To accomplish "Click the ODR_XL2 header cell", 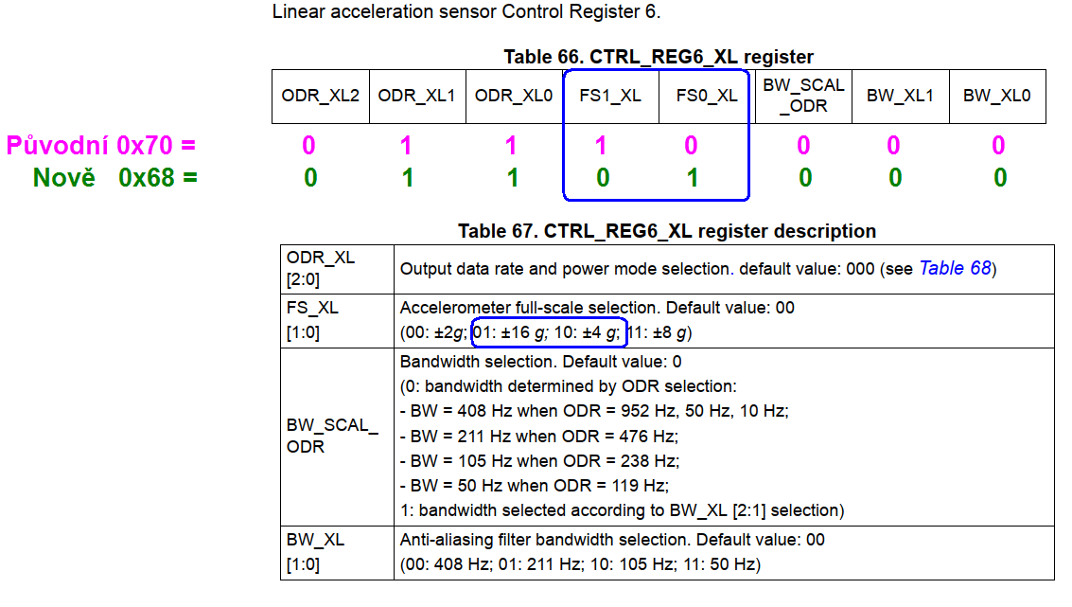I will (x=320, y=96).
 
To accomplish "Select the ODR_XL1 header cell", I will (x=416, y=96).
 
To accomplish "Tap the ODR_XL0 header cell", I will (x=514, y=96).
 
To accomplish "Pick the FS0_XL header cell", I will (x=707, y=96).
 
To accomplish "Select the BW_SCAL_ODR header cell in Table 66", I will (x=803, y=96).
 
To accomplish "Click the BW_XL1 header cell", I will (x=900, y=96).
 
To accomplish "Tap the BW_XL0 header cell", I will (x=996, y=96).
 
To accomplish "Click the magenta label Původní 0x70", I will (x=101, y=146).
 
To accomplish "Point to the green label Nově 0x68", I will (x=114, y=177).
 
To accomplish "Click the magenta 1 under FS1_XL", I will (x=601, y=146).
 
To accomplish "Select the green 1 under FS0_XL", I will (x=693, y=178).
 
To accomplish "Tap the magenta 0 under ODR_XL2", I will (x=308, y=146).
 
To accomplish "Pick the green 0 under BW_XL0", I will (x=1000, y=178).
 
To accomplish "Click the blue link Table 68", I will (x=955, y=269).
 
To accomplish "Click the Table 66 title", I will (x=659, y=57).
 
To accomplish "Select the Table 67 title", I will (x=667, y=231).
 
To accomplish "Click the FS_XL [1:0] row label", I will (x=312, y=320).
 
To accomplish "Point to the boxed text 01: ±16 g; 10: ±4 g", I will (x=549, y=332).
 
